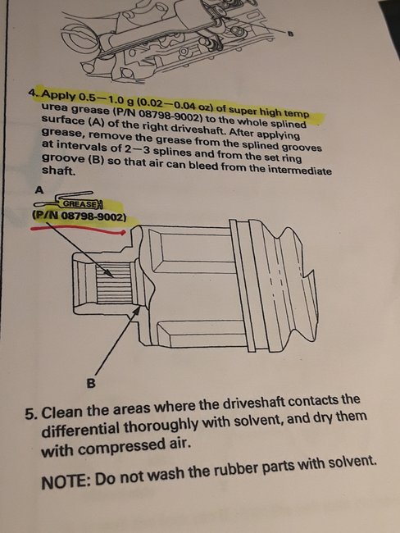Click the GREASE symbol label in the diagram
pos(80,202)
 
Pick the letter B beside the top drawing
pos(290,33)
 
